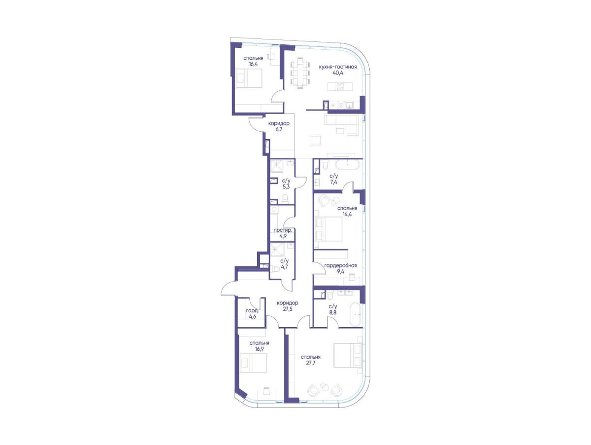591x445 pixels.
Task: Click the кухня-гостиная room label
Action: click(338, 67)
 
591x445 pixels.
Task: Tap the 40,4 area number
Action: click(338, 73)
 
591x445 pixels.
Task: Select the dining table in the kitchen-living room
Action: click(299, 73)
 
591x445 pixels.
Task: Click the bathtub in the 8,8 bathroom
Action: click(356, 314)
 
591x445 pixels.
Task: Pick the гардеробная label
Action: click(341, 265)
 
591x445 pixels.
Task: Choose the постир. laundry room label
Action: click(282, 230)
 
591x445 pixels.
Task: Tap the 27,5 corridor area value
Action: click(287, 309)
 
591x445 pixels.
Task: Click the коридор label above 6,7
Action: click(279, 123)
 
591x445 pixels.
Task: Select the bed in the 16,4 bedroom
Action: click(249, 78)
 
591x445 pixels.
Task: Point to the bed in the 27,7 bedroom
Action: click(347, 356)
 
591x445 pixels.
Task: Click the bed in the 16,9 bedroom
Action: click(253, 363)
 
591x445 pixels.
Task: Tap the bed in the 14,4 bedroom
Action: click(328, 229)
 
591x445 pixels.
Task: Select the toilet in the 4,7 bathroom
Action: click(276, 270)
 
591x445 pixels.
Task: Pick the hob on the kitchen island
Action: click(340, 87)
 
